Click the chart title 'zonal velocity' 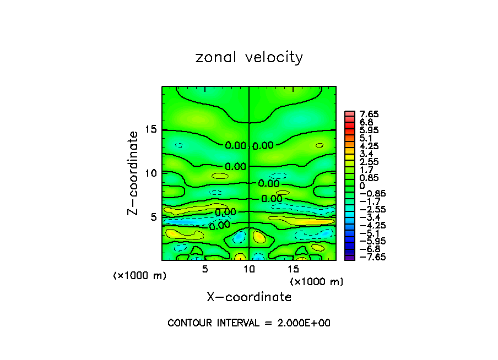coord(249,57)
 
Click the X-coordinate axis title coord(249,297)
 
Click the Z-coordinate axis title coord(133,173)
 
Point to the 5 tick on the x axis coord(205,269)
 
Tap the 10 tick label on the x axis coord(249,269)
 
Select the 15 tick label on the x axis coord(294,269)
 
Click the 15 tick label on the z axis coord(151,129)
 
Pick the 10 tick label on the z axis coord(151,173)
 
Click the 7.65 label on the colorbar coord(369,114)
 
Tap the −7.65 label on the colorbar coord(367,257)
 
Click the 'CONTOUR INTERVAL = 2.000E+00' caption coord(249,323)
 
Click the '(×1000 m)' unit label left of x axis coord(139,276)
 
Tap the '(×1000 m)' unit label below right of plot coord(317,282)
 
